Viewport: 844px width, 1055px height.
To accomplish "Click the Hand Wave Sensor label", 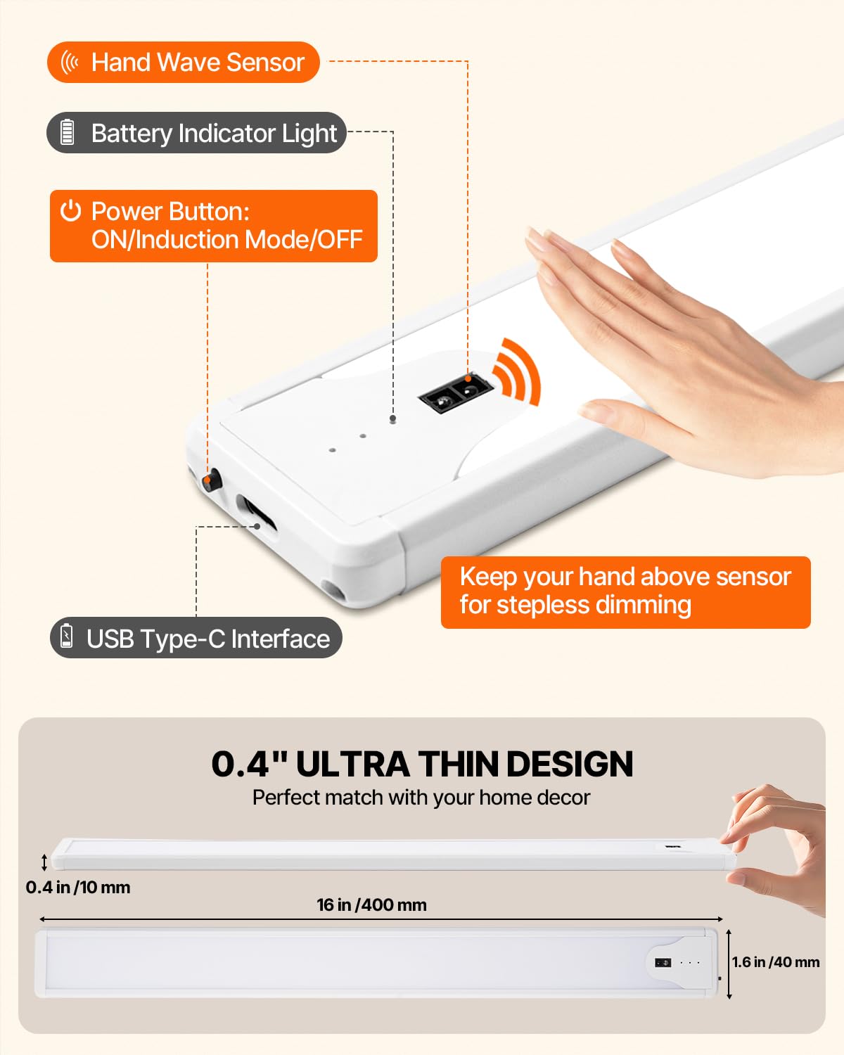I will click(183, 63).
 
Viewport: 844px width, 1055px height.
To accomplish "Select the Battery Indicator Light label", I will click(197, 133).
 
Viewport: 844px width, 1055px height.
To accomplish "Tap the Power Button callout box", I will click(213, 226).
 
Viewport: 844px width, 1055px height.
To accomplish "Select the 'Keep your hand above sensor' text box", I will click(625, 592).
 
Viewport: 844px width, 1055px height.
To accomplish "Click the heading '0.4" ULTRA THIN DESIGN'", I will click(422, 764).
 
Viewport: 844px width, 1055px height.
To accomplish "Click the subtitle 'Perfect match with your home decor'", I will click(421, 798).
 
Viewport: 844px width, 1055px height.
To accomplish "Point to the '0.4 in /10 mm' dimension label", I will click(78, 888).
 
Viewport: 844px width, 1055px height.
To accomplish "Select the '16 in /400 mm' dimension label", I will click(371, 905).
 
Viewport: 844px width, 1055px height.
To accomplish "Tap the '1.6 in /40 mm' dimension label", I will click(775, 962).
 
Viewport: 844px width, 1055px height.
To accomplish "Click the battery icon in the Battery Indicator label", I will click(68, 132).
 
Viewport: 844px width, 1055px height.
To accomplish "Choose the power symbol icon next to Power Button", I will click(70, 211).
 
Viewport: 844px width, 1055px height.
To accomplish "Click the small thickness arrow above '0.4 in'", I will click(44, 862).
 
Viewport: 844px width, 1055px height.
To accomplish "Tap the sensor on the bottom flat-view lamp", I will click(663, 962).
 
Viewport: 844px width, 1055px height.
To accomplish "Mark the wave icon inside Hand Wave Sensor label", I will click(70, 63).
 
